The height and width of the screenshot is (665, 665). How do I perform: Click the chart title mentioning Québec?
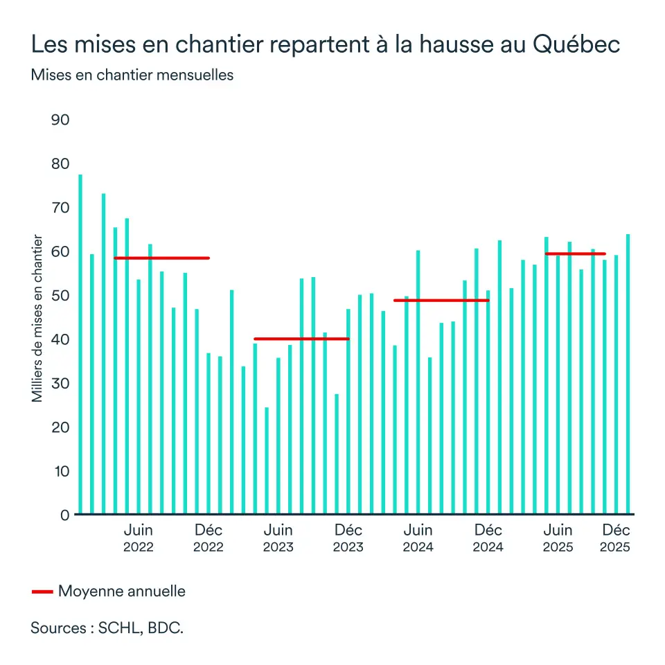[325, 45]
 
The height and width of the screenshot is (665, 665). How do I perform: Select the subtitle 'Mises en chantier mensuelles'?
[132, 76]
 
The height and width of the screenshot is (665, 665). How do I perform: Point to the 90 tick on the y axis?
[61, 120]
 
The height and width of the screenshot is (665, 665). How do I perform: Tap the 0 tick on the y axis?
[65, 515]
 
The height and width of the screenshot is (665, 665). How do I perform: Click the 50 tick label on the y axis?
[61, 296]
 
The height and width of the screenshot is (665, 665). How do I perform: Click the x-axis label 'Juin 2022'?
[139, 538]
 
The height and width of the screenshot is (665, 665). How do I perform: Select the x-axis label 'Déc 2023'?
[348, 538]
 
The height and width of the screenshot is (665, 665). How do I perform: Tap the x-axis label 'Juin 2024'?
[418, 538]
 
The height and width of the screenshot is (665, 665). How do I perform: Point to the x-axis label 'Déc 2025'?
[615, 538]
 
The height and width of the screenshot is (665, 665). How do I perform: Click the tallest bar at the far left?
[80, 346]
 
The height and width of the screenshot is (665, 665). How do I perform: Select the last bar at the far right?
[628, 374]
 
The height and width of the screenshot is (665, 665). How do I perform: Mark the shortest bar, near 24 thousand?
[267, 461]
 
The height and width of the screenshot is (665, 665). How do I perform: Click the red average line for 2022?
[161, 258]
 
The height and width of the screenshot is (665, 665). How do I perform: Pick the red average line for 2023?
[301, 339]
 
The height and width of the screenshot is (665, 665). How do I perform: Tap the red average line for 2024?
[441, 300]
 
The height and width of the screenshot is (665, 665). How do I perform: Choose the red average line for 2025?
[575, 254]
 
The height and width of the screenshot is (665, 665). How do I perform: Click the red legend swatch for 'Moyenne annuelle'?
[42, 592]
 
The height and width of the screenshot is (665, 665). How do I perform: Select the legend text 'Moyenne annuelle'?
[122, 592]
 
